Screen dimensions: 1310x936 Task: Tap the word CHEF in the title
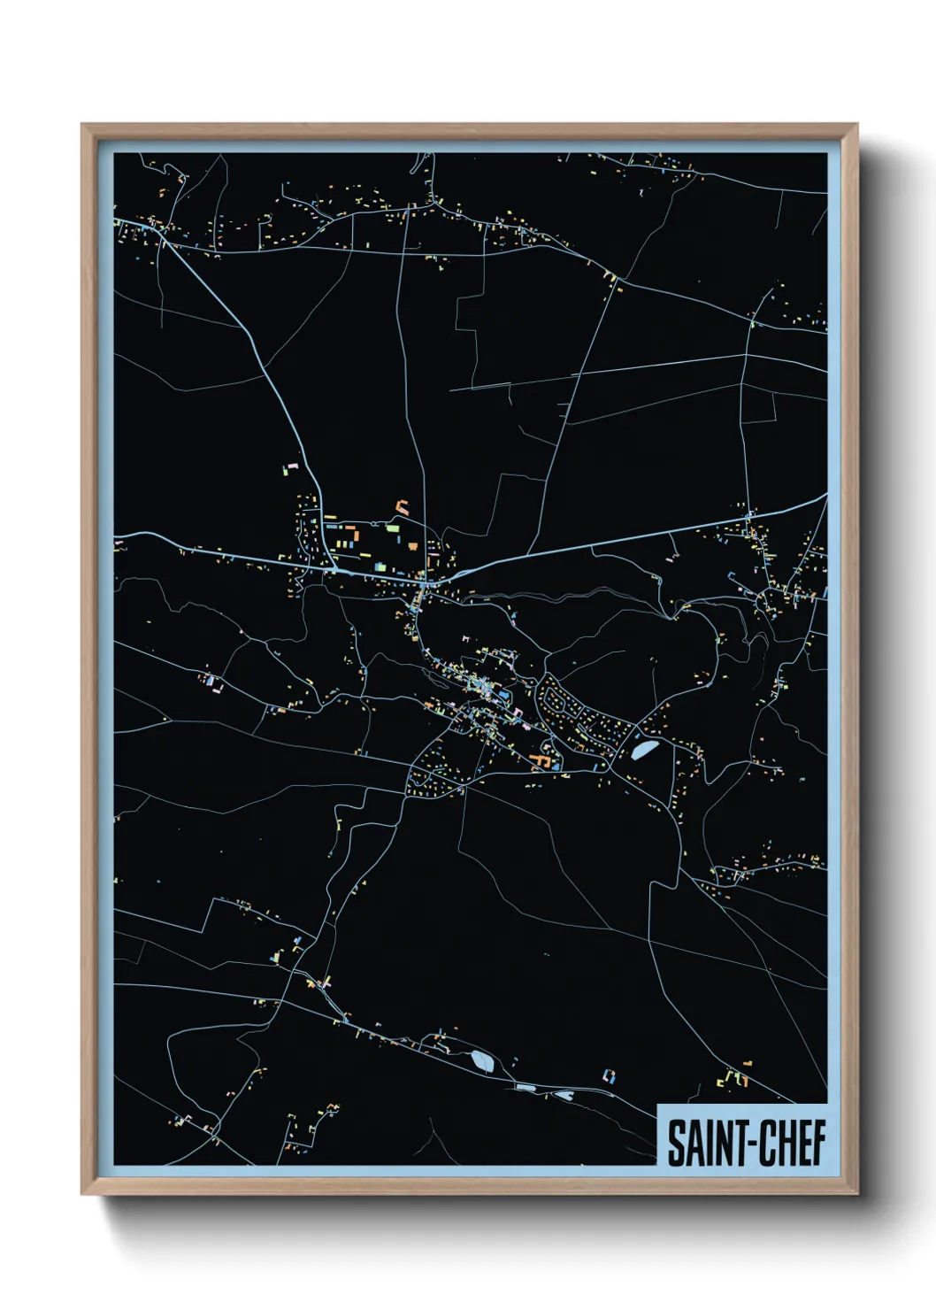790,1143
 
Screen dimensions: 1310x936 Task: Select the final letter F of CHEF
818,1143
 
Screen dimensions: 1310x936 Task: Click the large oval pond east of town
643,749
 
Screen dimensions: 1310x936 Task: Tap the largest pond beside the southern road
482,1060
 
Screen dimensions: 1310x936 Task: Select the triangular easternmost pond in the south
565,1095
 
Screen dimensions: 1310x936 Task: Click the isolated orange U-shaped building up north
403,507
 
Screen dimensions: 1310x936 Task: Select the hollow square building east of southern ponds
608,1076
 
